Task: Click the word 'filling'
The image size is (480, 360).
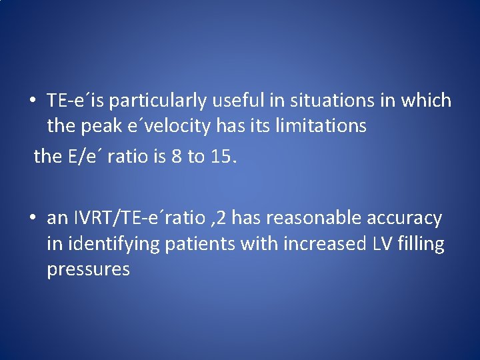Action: point(420,244)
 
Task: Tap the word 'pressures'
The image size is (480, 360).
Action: point(88,270)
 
